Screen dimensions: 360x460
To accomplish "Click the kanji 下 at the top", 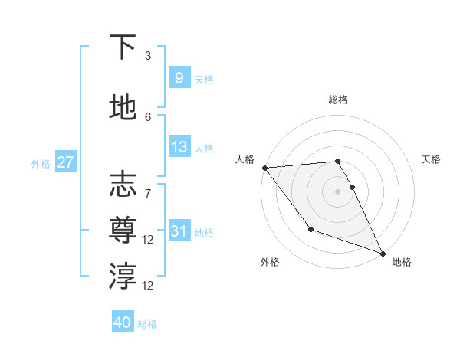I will click(123, 47).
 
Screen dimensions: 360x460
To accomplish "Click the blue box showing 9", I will click(179, 77).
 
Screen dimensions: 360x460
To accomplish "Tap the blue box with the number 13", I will click(179, 147).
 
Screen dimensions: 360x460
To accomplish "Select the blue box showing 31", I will click(179, 231).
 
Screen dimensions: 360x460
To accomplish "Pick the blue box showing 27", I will click(65, 162).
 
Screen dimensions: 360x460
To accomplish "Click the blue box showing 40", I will click(122, 322).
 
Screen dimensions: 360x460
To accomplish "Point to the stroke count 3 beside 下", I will click(148, 55).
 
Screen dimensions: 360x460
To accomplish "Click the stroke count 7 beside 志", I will click(148, 185).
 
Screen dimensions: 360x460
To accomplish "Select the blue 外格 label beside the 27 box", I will click(41, 163).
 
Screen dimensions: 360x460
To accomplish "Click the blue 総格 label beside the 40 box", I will click(147, 323).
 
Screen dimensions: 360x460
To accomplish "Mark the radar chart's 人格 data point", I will click(264, 168).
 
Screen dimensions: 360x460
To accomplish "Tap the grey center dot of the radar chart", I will click(337, 191).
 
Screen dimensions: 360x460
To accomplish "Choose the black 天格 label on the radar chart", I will click(432, 159).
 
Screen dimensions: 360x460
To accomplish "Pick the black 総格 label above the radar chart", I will click(337, 100).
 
